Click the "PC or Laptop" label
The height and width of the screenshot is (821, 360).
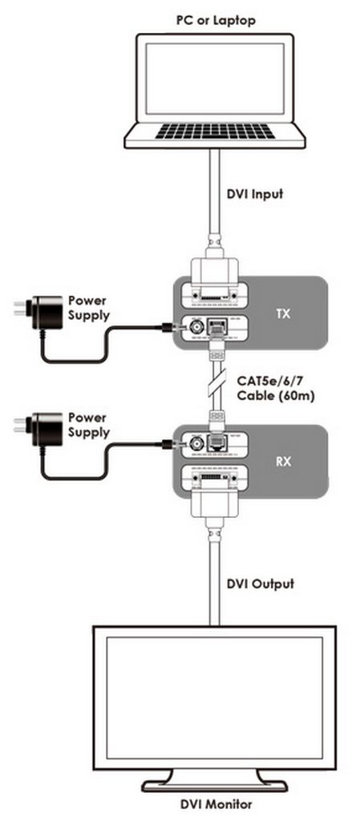coord(215,20)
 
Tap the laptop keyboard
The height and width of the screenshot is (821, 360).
coord(215,131)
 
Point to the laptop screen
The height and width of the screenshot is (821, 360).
coord(215,79)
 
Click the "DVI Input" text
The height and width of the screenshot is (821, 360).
coord(255,194)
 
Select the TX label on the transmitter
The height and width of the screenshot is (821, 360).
coord(284,314)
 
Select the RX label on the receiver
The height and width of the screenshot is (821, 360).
coord(283,463)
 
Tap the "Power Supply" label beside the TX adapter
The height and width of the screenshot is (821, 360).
coord(89,308)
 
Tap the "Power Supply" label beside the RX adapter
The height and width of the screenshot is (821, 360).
coord(89,425)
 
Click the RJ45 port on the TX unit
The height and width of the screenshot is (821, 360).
coord(216,327)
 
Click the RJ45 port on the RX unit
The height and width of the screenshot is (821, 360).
coord(216,443)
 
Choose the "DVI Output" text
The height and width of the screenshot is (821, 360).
coord(261,584)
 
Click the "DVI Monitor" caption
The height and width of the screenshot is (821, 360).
coord(214,804)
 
